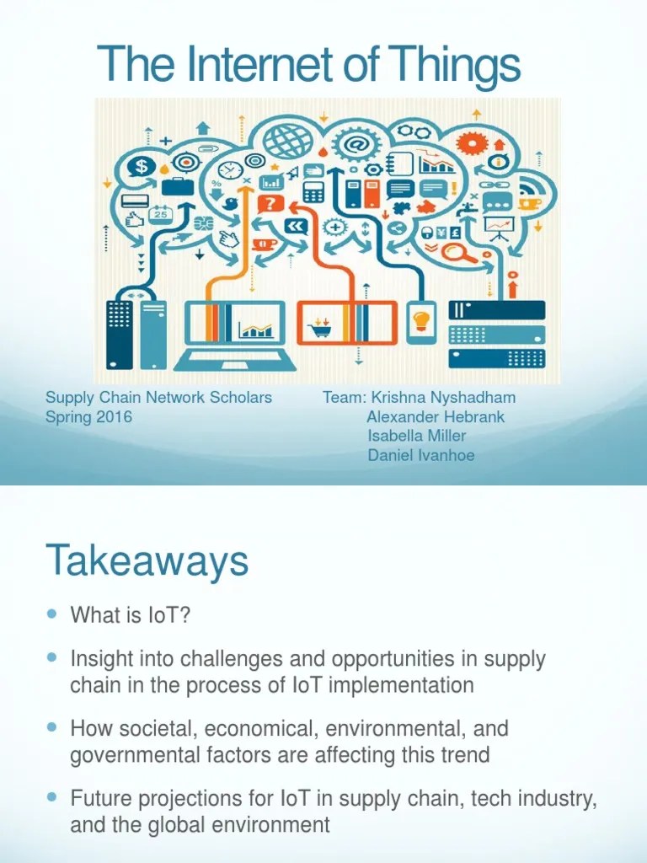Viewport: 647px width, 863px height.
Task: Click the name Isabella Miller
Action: coord(416,436)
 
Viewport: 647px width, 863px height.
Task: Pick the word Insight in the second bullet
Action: coord(98,658)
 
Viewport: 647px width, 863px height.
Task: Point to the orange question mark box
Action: coord(270,203)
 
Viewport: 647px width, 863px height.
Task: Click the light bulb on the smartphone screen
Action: coord(420,320)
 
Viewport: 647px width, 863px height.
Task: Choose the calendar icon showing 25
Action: coord(159,214)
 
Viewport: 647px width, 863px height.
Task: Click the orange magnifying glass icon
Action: coord(457,251)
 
